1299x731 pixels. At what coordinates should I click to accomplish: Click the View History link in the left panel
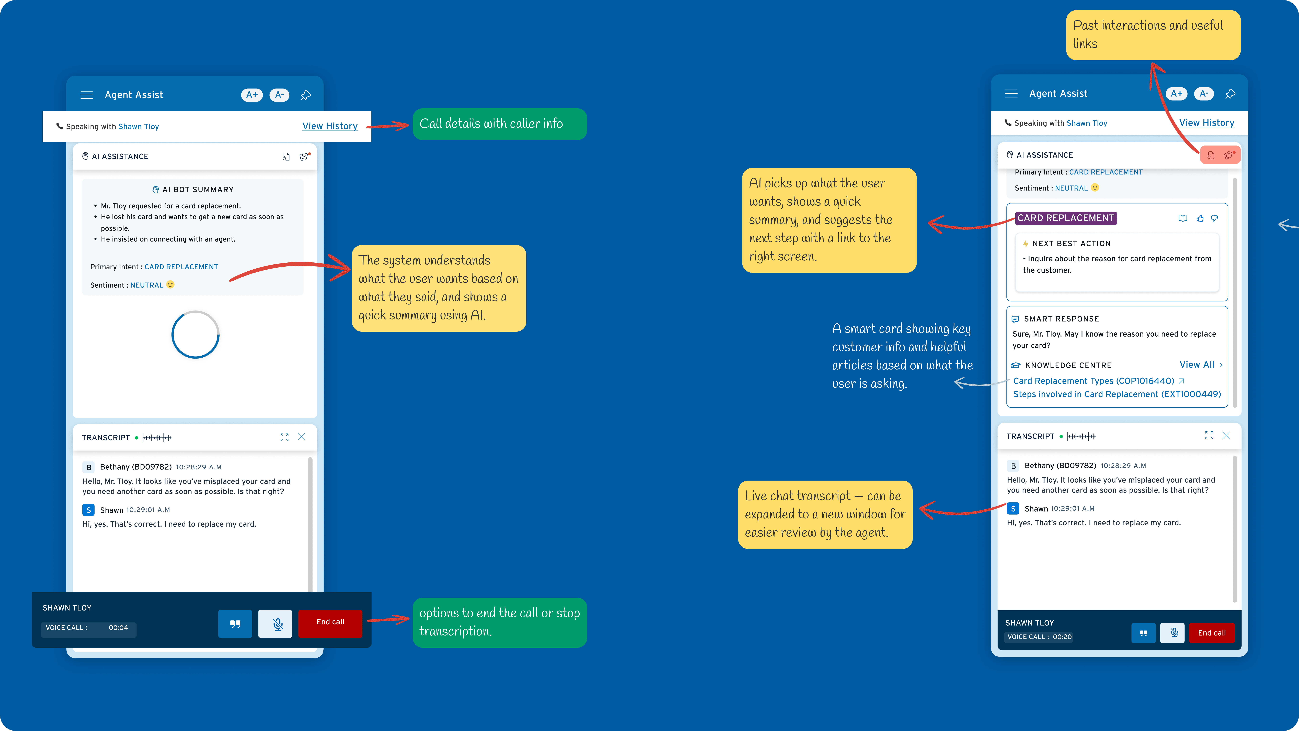pos(330,126)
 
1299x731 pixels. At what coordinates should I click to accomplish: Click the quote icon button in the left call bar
pos(235,624)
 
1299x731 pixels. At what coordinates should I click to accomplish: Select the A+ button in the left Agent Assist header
pos(252,95)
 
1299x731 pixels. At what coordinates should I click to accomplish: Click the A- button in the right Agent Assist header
pos(1204,94)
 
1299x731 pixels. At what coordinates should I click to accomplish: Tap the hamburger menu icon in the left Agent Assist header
pos(87,95)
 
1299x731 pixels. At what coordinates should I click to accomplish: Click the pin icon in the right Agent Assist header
pos(1230,94)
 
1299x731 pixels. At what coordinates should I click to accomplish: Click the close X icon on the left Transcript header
pos(302,437)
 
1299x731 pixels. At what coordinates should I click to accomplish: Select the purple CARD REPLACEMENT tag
pos(1066,218)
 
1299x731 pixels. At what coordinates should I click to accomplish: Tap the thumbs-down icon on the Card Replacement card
pos(1214,218)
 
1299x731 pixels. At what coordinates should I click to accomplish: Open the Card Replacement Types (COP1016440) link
pos(1093,381)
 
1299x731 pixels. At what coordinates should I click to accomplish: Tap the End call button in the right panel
pos(1211,633)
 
